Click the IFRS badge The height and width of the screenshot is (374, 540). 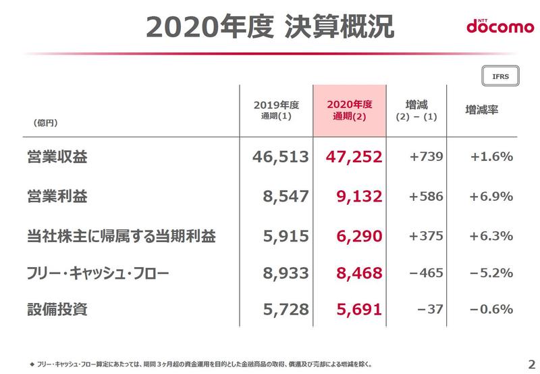[x=500, y=76]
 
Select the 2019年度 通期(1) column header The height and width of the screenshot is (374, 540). [x=276, y=110]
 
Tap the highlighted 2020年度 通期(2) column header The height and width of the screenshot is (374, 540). [x=349, y=110]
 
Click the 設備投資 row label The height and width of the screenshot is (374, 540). [x=48, y=310]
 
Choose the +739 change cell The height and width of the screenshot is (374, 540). [x=427, y=157]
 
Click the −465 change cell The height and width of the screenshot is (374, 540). [x=426, y=273]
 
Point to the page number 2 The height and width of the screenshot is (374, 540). [x=531, y=361]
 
